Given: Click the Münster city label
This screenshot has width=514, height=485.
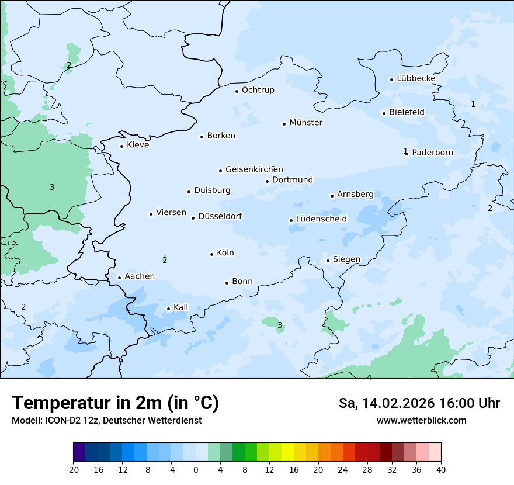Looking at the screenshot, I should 305,123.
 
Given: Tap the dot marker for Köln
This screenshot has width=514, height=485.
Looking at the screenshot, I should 211,254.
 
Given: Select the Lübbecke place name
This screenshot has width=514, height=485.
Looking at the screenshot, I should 416,78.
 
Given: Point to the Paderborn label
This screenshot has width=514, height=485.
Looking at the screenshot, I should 432,153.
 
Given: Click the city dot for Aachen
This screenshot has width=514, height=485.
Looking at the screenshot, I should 119,278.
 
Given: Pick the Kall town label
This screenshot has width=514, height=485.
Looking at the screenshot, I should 180,307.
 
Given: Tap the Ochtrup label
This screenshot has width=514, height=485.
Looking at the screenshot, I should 258,90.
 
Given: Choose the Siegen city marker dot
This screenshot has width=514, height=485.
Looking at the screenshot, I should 328,261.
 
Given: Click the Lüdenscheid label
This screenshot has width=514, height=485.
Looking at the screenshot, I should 321,219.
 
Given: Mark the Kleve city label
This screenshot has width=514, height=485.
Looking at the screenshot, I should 138,145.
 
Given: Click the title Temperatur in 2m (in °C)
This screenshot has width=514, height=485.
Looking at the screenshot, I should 115,403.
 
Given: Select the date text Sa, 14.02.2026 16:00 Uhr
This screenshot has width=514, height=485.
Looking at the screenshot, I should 419,403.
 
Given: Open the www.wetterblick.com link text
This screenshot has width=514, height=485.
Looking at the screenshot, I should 421,420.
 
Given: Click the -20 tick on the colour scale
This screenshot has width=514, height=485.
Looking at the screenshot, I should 73,469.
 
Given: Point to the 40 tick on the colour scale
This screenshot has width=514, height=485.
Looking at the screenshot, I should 441,469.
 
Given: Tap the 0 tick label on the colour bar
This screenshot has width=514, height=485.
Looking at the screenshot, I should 196,469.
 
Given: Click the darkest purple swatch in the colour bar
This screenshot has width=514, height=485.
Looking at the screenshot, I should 79,452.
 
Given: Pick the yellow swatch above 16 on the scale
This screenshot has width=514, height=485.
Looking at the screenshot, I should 287,452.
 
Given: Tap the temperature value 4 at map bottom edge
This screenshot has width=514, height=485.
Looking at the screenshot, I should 369,377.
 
